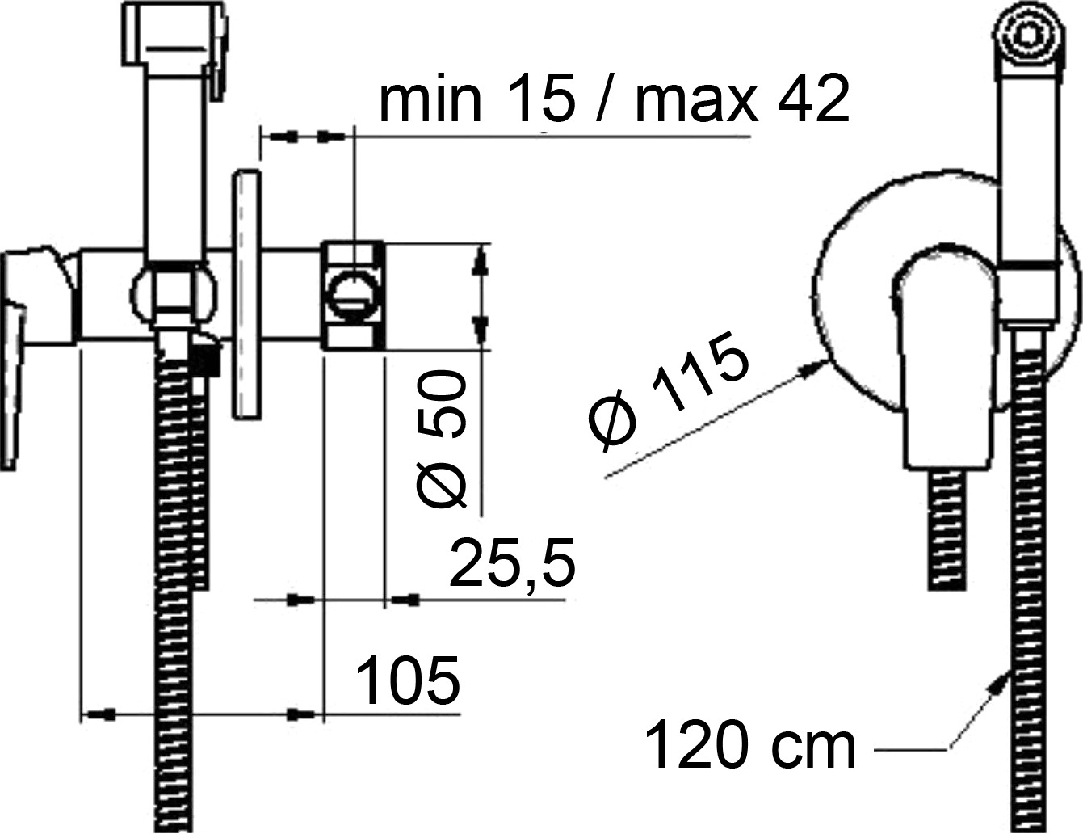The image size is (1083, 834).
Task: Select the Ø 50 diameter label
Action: pos(441,439)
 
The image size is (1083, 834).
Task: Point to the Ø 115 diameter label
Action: pos(668,390)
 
